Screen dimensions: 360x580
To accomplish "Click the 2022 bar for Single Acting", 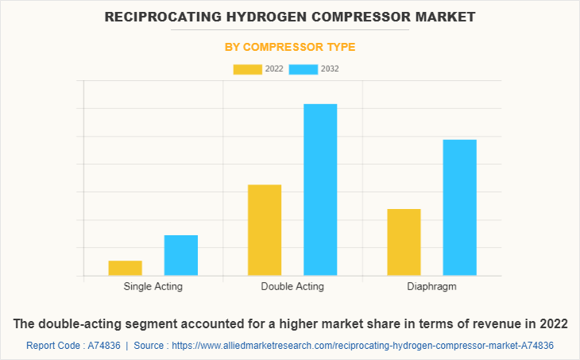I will pyautogui.click(x=126, y=268).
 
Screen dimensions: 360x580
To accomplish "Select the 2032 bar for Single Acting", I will pyautogui.click(x=181, y=255).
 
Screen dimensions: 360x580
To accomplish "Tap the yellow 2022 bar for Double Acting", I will pyautogui.click(x=265, y=230).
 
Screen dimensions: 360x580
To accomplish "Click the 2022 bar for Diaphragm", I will pyautogui.click(x=404, y=242).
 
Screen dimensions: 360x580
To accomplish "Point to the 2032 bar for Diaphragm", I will pyautogui.click(x=459, y=207).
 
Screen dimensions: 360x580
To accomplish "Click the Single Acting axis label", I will pyautogui.click(x=153, y=286).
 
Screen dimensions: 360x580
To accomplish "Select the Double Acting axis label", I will pyautogui.click(x=292, y=286).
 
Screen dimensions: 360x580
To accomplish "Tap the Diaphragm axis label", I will pyautogui.click(x=431, y=286).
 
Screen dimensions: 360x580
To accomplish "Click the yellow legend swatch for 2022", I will pyautogui.click(x=247, y=69).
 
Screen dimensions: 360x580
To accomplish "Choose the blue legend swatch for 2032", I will pyautogui.click(x=303, y=69).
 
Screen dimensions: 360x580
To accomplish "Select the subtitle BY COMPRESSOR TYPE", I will pyautogui.click(x=290, y=47).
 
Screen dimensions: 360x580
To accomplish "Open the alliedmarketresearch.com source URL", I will pyautogui.click(x=362, y=346).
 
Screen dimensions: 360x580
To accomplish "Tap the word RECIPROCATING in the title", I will pyautogui.click(x=157, y=16).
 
